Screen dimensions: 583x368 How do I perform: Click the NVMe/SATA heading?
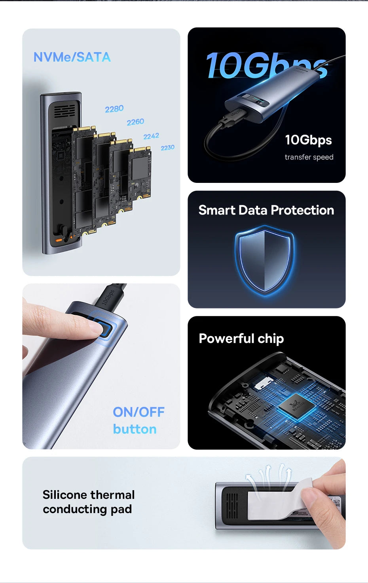coord(72,57)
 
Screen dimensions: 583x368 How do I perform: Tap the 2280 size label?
coord(114,109)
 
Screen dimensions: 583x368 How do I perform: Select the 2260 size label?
coord(135,122)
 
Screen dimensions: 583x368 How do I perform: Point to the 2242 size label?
coord(151,136)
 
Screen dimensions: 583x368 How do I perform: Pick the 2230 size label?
coord(167,148)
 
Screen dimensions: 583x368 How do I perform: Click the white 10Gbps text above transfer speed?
coord(308,140)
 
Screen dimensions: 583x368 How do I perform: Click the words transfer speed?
coord(309,157)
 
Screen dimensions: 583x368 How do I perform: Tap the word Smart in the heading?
coord(217,210)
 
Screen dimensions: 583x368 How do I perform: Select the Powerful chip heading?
coord(241,339)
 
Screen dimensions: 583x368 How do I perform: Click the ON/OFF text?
coord(138,412)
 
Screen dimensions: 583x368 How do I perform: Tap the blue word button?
coord(135,429)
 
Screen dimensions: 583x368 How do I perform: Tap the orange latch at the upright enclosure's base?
coord(59,240)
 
